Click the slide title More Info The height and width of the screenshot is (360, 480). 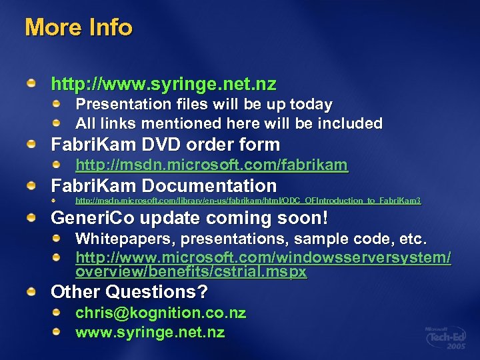(79, 28)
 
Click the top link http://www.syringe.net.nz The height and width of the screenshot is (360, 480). (163, 85)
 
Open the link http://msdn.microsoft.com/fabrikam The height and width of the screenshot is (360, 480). (211, 165)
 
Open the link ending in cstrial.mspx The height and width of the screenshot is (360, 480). (263, 265)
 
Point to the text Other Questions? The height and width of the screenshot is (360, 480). (129, 292)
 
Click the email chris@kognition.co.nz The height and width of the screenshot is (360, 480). (161, 313)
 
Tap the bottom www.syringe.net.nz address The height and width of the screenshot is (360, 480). (150, 332)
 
